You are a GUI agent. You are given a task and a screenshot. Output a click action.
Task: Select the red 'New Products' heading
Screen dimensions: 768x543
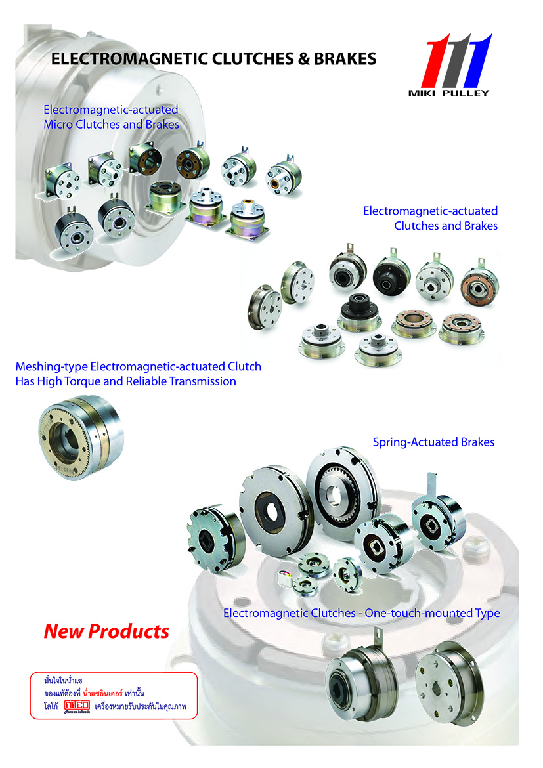tap(106, 631)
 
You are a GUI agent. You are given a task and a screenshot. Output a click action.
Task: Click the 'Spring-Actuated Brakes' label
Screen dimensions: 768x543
tap(433, 442)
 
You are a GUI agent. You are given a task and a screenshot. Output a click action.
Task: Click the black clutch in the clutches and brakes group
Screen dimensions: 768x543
tap(393, 276)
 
